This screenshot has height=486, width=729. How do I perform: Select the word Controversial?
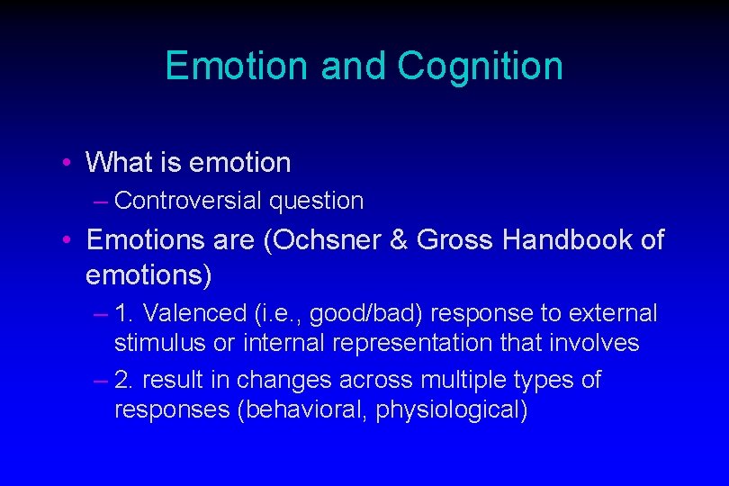pyautogui.click(x=188, y=201)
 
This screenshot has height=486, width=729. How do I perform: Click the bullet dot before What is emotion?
pyautogui.click(x=67, y=163)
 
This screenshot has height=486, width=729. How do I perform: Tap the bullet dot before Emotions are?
pyautogui.click(x=67, y=240)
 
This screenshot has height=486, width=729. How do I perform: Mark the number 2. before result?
pyautogui.click(x=125, y=380)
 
